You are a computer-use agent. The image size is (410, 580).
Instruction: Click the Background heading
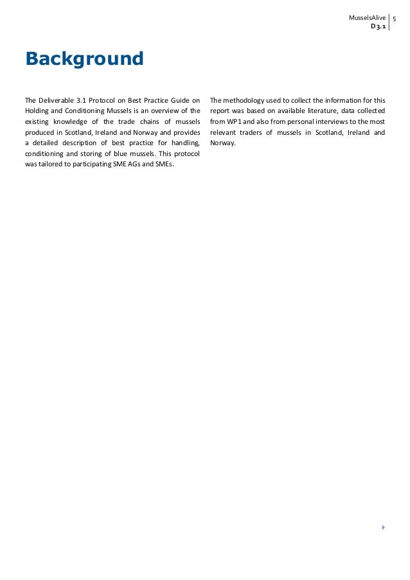pyautogui.click(x=84, y=60)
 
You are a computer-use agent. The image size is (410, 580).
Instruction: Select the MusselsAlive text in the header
pyautogui.click(x=367, y=17)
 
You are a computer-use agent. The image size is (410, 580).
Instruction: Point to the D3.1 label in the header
pyautogui.click(x=377, y=28)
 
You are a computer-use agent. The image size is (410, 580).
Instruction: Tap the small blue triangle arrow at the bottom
pyautogui.click(x=383, y=527)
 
